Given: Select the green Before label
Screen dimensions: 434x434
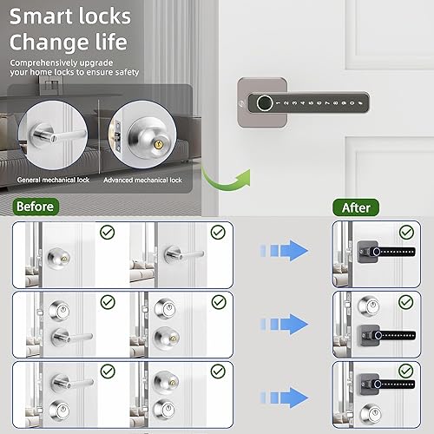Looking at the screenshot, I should pyautogui.click(x=35, y=207).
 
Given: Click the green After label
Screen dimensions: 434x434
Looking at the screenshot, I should pyautogui.click(x=356, y=207).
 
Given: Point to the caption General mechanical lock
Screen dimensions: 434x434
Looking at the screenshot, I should pyautogui.click(x=53, y=181).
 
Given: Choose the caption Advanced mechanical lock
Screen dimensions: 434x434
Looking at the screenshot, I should pyautogui.click(x=142, y=181).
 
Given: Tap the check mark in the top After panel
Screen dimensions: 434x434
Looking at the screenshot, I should pyautogui.click(x=404, y=233).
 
